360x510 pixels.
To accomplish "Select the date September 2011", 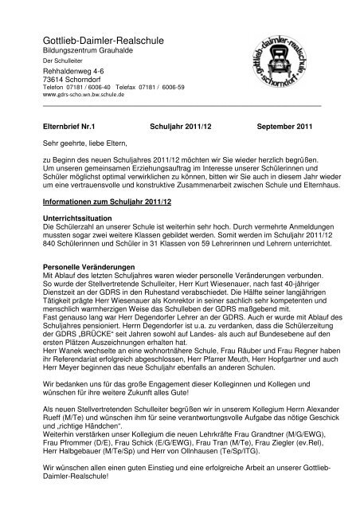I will [x=286, y=127].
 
